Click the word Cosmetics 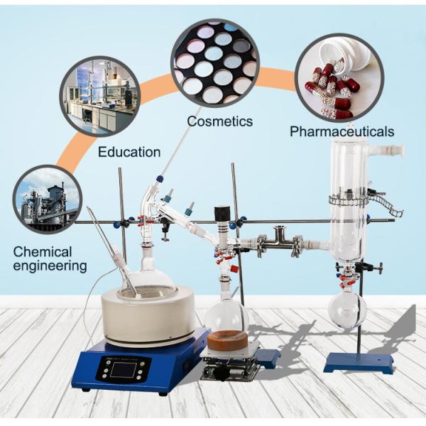[219, 121]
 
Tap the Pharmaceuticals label [342, 131]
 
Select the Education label [129, 151]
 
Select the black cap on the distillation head [222, 212]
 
